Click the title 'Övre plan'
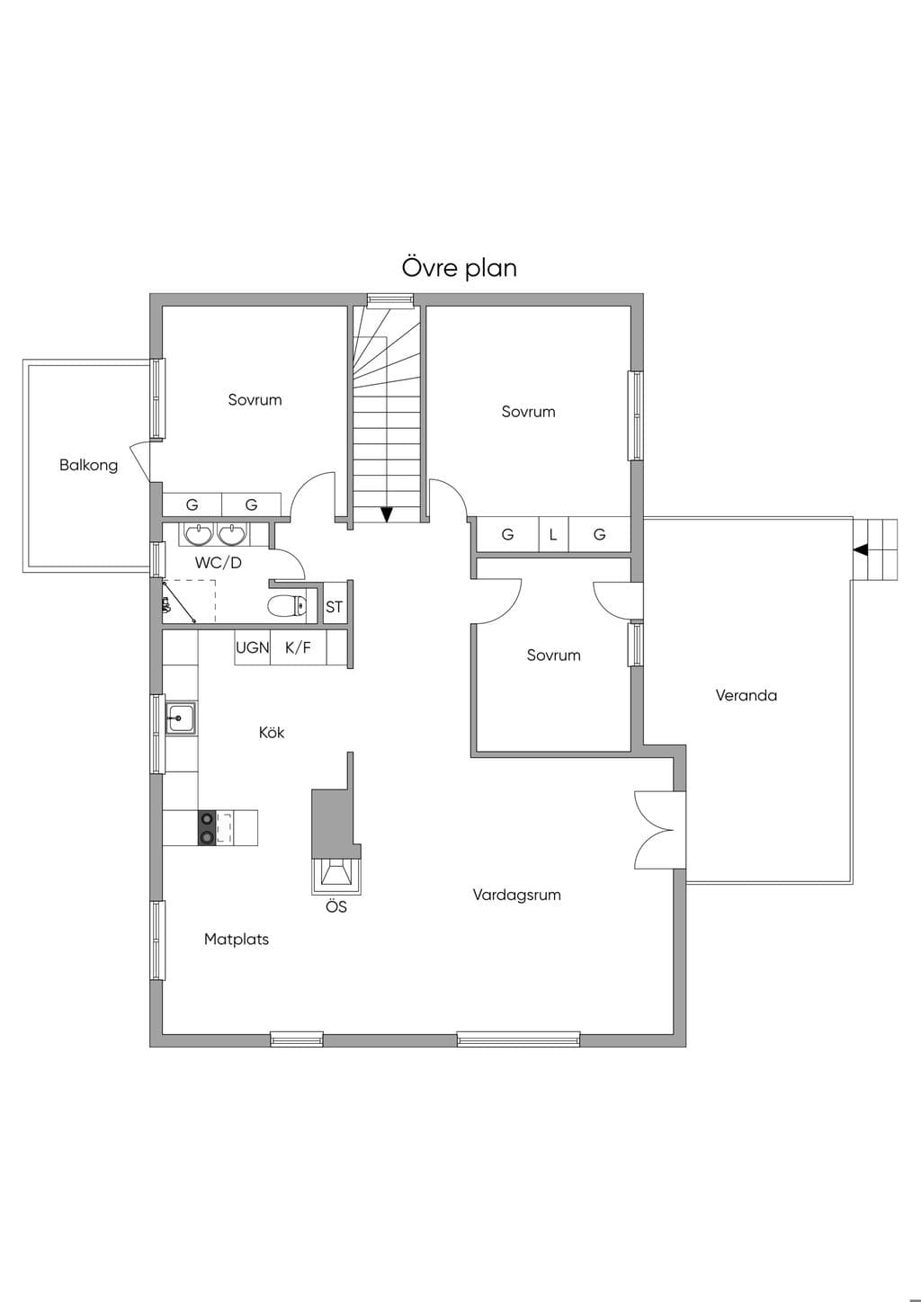point(460,268)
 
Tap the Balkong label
point(88,465)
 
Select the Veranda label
point(746,695)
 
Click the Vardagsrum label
point(517,895)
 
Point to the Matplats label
point(236,940)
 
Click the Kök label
point(272,732)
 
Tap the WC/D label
point(218,563)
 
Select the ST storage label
point(334,608)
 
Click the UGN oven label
point(253,647)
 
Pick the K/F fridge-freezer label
point(298,647)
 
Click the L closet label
point(553,534)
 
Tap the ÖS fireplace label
point(336,906)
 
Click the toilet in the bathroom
point(288,606)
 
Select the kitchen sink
point(181,719)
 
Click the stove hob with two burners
point(207,828)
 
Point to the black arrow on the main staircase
point(387,514)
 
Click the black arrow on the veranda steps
point(861,548)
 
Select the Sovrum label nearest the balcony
point(255,400)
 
